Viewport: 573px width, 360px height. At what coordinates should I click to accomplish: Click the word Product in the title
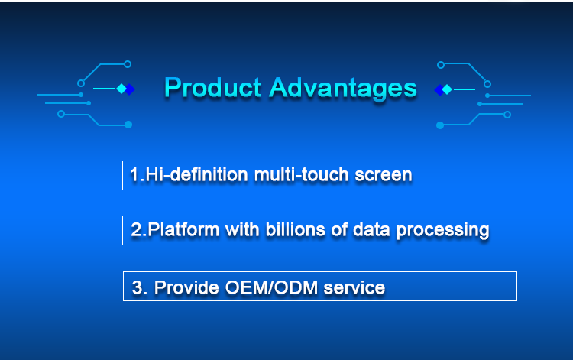pos(212,88)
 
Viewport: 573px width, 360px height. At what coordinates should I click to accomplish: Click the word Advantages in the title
pos(343,89)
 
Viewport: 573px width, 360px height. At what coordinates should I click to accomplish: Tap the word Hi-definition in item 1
pos(196,174)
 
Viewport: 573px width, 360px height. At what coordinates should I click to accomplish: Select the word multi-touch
pos(301,174)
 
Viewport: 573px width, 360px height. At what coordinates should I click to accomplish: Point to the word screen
pos(384,175)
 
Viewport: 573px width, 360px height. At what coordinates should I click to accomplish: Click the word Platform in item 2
pos(183,230)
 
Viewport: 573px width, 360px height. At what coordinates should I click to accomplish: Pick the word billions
pos(295,230)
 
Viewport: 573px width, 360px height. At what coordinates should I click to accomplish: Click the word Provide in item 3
pos(186,287)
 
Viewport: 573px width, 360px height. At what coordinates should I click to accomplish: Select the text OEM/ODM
pos(271,287)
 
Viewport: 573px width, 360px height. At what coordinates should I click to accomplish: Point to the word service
pos(354,288)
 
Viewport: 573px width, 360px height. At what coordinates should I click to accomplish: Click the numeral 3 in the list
pos(137,287)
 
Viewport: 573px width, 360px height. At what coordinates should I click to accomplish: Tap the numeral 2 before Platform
pos(135,230)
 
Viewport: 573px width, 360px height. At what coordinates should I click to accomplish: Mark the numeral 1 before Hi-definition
pos(134,174)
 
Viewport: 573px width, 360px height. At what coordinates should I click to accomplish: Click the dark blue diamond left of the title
pos(130,89)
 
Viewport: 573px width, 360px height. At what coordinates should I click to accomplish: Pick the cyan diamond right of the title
pos(447,89)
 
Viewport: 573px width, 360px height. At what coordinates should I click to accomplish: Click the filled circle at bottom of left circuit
pos(128,125)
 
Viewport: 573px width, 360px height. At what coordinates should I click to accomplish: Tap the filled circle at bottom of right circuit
pos(440,125)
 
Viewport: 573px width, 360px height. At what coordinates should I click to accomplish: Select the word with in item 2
pos(241,230)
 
